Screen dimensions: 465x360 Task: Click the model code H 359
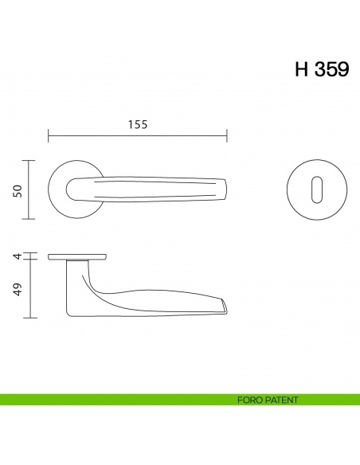321,69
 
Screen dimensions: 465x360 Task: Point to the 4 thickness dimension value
17,256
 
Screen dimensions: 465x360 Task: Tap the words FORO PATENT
268,400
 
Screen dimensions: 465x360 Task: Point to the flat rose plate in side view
77,257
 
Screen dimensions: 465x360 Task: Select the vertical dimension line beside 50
29,190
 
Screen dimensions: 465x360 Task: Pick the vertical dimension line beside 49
29,288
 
